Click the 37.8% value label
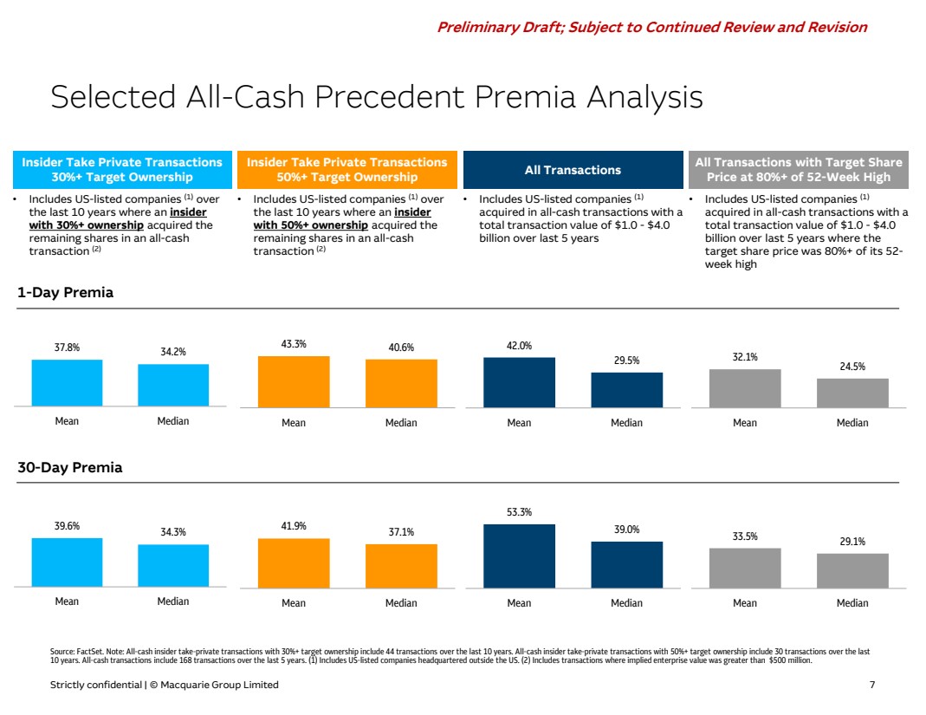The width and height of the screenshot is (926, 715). point(67,348)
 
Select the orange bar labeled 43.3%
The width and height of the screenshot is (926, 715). point(294,381)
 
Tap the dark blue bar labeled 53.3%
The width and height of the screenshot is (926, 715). point(519,556)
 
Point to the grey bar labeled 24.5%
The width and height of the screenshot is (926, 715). point(852,393)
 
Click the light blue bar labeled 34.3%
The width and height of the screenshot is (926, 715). point(173,566)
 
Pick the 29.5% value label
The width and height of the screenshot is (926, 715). point(626,361)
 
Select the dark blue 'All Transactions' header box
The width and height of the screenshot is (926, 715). point(573,170)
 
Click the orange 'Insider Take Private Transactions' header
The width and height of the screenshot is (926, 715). point(346,169)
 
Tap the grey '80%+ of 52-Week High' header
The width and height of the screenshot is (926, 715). point(799,169)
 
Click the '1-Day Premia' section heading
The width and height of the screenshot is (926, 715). point(66,293)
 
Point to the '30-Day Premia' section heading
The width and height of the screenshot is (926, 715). point(70,468)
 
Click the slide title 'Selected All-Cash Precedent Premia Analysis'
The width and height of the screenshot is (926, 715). point(377,97)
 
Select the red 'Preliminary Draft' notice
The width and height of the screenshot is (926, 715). point(651,27)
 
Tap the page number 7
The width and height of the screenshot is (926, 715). point(871,685)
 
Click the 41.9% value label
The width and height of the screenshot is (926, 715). point(294,526)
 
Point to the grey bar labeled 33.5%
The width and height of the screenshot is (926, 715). point(745,568)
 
